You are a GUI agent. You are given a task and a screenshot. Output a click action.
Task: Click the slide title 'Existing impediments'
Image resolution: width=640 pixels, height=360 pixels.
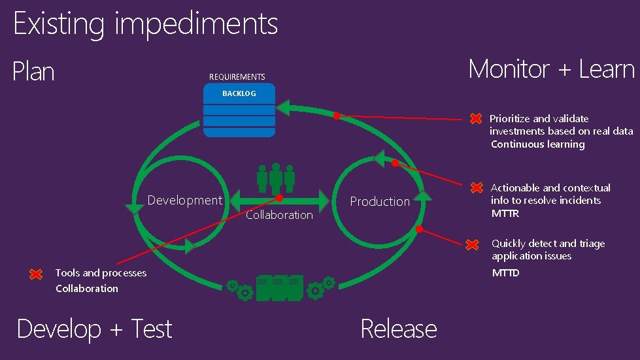(x=145, y=24)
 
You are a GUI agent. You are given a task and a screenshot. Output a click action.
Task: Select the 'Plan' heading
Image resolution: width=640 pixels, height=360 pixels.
(x=33, y=71)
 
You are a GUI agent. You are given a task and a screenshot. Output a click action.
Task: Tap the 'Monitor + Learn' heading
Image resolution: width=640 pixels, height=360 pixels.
(x=551, y=69)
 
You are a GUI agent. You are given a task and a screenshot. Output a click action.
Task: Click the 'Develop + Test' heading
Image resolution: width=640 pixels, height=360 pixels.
(x=94, y=329)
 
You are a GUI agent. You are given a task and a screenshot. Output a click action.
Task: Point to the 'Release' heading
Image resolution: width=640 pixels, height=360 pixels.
(x=398, y=329)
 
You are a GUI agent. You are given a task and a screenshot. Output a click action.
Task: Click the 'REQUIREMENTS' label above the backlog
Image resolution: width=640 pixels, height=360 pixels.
(x=237, y=77)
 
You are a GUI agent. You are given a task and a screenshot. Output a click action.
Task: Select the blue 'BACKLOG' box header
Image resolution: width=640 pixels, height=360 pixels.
(x=239, y=93)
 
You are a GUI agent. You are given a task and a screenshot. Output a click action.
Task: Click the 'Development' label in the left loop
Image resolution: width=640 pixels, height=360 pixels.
(x=184, y=200)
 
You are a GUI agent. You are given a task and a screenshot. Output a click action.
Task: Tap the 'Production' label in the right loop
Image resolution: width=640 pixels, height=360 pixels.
(x=380, y=201)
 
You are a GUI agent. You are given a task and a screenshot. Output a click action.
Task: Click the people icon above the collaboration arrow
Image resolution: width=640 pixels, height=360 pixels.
(x=275, y=178)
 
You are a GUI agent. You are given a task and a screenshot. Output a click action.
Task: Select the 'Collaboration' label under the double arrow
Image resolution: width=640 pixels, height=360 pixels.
(x=279, y=215)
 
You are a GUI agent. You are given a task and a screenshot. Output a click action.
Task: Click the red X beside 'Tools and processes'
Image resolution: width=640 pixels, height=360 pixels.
(x=37, y=274)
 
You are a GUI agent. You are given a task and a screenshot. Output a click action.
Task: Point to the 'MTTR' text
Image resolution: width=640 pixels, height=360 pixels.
(x=505, y=214)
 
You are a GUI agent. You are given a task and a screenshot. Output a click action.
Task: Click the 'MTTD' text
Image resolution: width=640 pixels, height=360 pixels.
(x=505, y=273)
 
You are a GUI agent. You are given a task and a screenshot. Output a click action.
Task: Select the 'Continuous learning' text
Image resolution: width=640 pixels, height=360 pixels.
(x=537, y=144)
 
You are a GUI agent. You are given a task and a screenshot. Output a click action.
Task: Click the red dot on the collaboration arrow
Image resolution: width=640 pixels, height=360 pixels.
(x=279, y=198)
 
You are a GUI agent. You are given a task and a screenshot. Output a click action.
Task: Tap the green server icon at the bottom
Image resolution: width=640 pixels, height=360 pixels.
(x=279, y=288)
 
